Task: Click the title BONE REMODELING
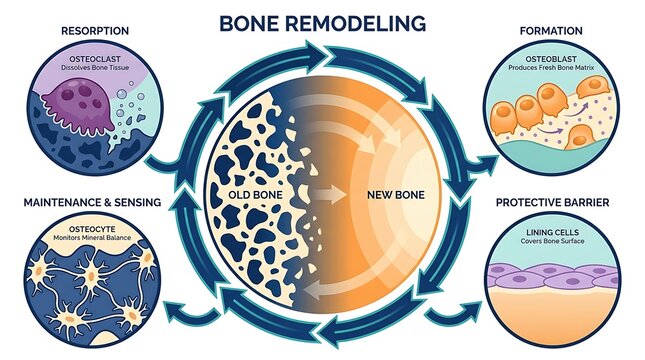pos(322,23)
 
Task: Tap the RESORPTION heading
pos(95,31)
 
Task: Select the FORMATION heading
pos(551,31)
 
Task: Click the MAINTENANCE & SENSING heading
pos(92,202)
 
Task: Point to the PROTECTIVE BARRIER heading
pos(552,202)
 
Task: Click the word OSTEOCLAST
pos(95,59)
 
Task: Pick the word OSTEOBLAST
pos(551,59)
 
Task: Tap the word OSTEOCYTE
pos(92,229)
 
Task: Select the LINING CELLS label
pos(552,232)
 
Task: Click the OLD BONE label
pos(255,195)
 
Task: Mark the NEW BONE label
pos(396,195)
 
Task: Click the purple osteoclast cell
pos(78,105)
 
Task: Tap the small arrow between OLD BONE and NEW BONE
pos(330,195)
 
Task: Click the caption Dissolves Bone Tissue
pos(95,67)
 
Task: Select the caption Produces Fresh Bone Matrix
pos(551,67)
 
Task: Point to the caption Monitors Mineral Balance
pos(92,238)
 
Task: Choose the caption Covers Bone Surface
pos(552,241)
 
